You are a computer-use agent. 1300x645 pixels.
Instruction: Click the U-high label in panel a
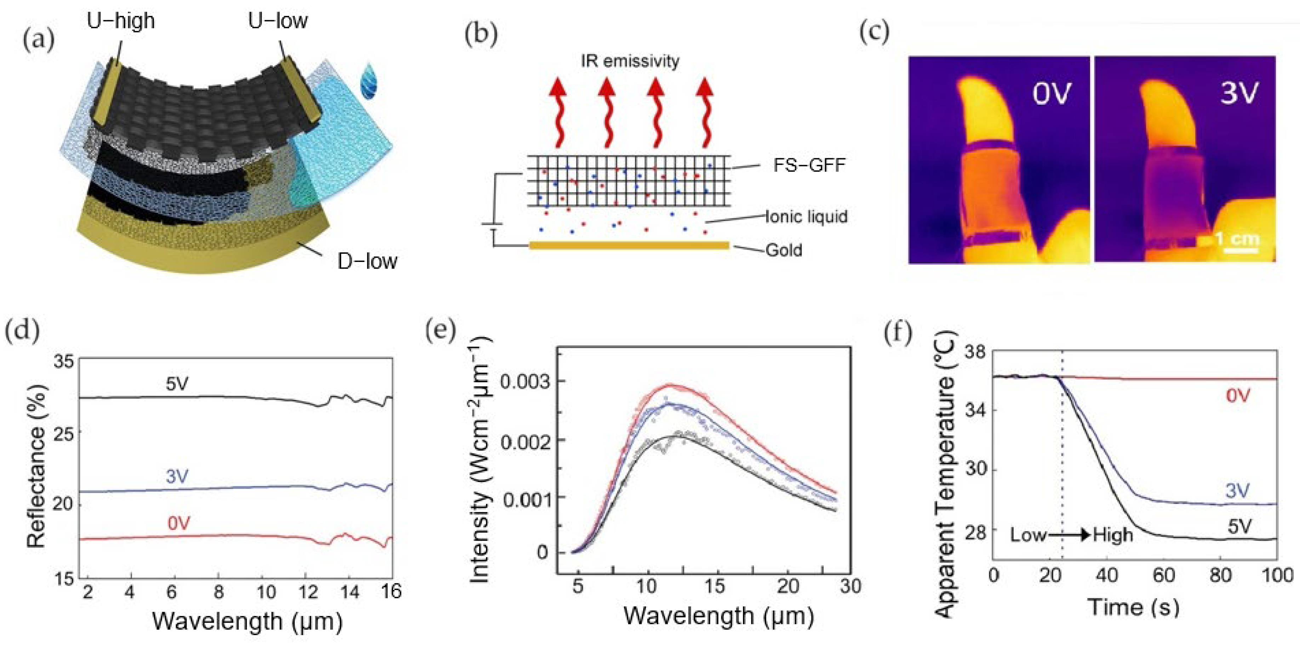click(121, 22)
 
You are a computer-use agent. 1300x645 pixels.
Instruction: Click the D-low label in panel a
click(367, 261)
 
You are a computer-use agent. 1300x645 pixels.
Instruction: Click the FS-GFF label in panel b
click(809, 166)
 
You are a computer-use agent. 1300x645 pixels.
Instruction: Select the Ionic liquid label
click(806, 217)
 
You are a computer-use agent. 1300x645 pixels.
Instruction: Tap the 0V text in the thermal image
click(1052, 93)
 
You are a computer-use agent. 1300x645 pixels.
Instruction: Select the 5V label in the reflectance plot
click(177, 384)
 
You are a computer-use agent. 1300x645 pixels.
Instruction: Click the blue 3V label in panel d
click(177, 476)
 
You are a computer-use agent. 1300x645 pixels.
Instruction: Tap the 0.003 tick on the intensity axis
click(524, 382)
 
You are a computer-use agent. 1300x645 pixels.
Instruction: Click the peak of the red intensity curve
click(670, 385)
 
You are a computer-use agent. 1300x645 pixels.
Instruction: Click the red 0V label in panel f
click(1238, 396)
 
